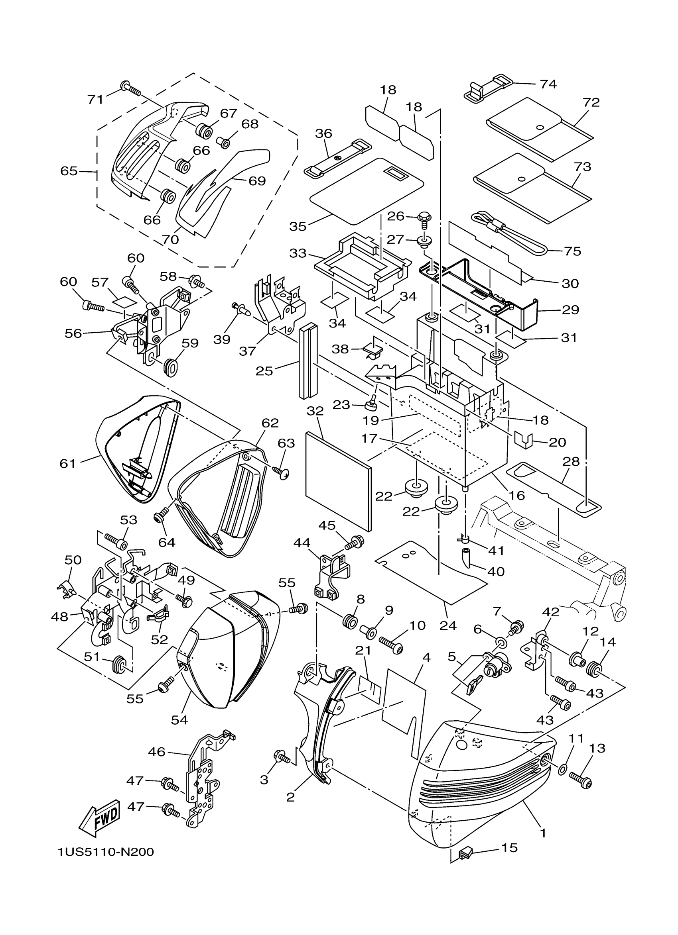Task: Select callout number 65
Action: point(69,171)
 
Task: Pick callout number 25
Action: point(264,370)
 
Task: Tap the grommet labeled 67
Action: point(205,131)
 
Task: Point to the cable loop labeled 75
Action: point(510,235)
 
